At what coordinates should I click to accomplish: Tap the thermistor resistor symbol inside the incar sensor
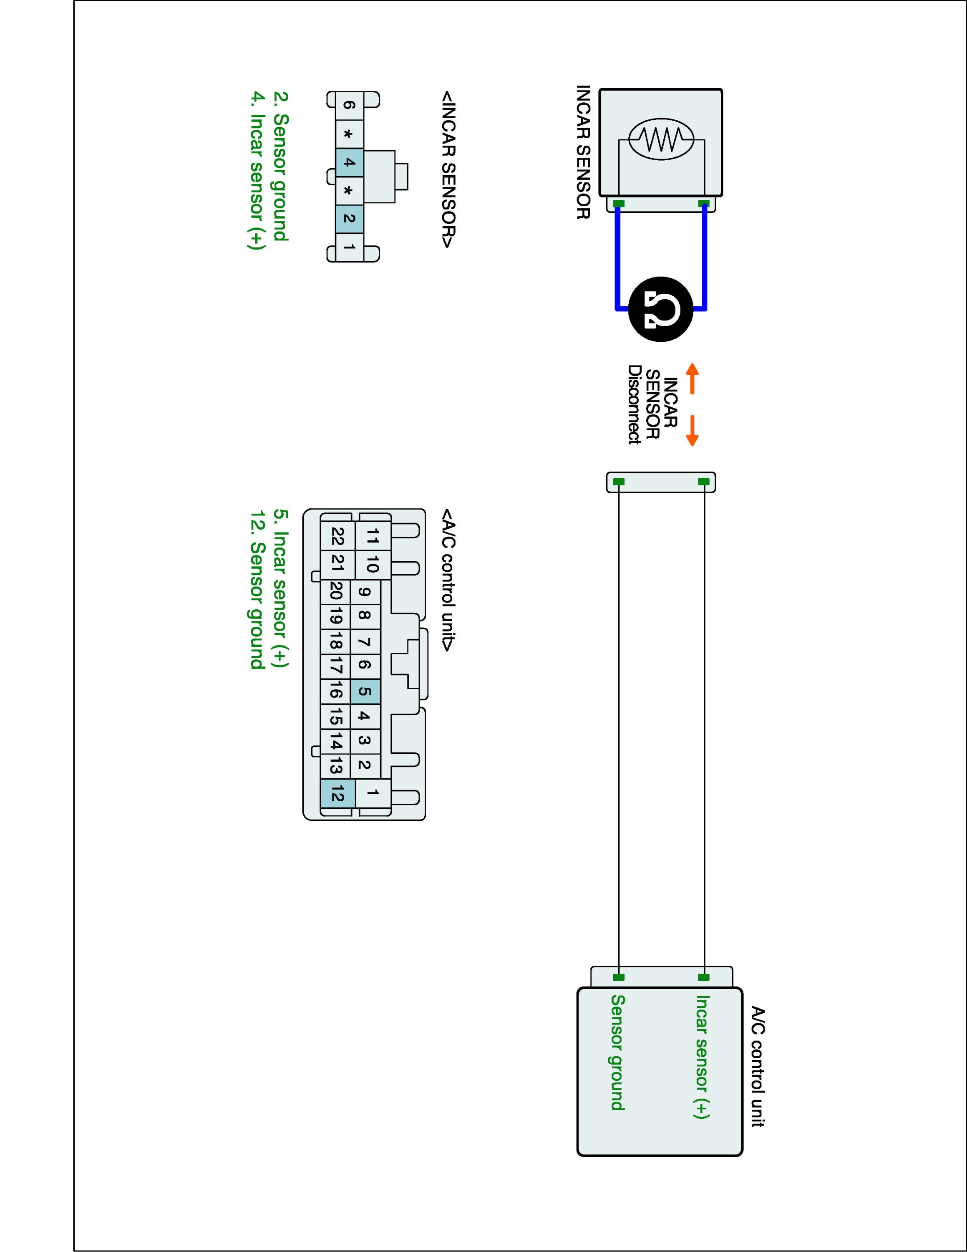tap(661, 138)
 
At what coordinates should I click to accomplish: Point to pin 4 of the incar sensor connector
tap(349, 163)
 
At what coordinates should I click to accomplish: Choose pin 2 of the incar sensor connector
tap(349, 218)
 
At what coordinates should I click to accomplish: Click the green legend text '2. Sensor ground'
tap(281, 166)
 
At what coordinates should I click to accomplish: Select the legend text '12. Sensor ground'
tap(257, 589)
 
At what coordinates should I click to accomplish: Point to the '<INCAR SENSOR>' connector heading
tap(448, 169)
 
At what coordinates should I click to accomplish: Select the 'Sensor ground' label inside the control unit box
tap(617, 1052)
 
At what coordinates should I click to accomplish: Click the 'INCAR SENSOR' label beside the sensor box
tap(583, 152)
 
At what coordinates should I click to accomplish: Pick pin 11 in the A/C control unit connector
tap(373, 536)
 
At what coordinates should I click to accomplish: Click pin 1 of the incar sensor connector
tap(349, 247)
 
